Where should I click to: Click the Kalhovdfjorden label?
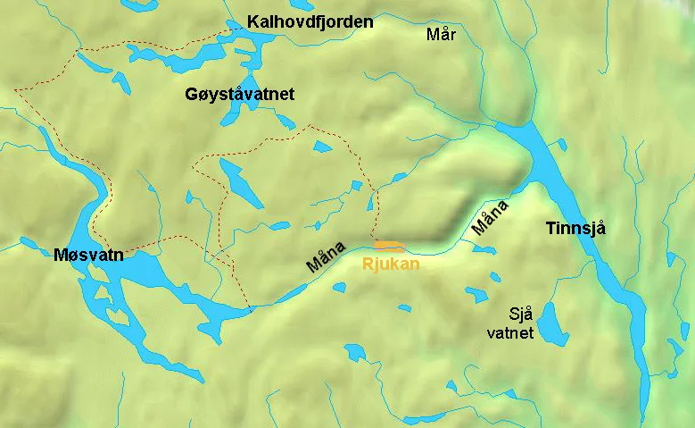(x=310, y=21)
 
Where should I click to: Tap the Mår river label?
(x=442, y=35)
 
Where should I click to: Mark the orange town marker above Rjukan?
(x=388, y=244)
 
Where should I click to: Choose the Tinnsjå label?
(x=575, y=230)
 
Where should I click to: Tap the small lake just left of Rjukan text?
(x=338, y=286)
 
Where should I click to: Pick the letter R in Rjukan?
(x=366, y=264)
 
